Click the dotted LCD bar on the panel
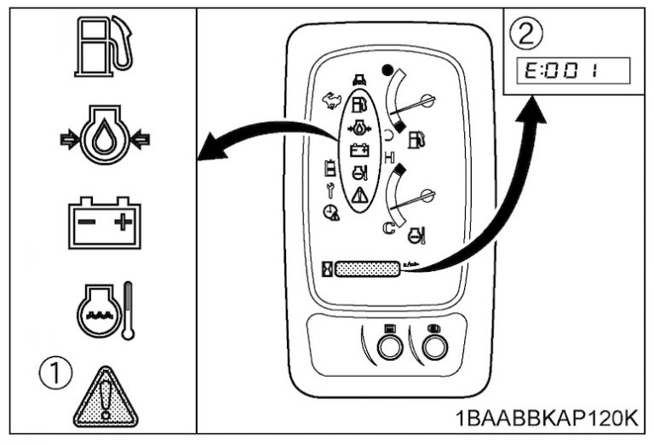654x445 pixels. click(367, 269)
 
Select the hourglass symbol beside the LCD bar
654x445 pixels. click(326, 269)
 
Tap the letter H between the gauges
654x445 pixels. click(390, 158)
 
